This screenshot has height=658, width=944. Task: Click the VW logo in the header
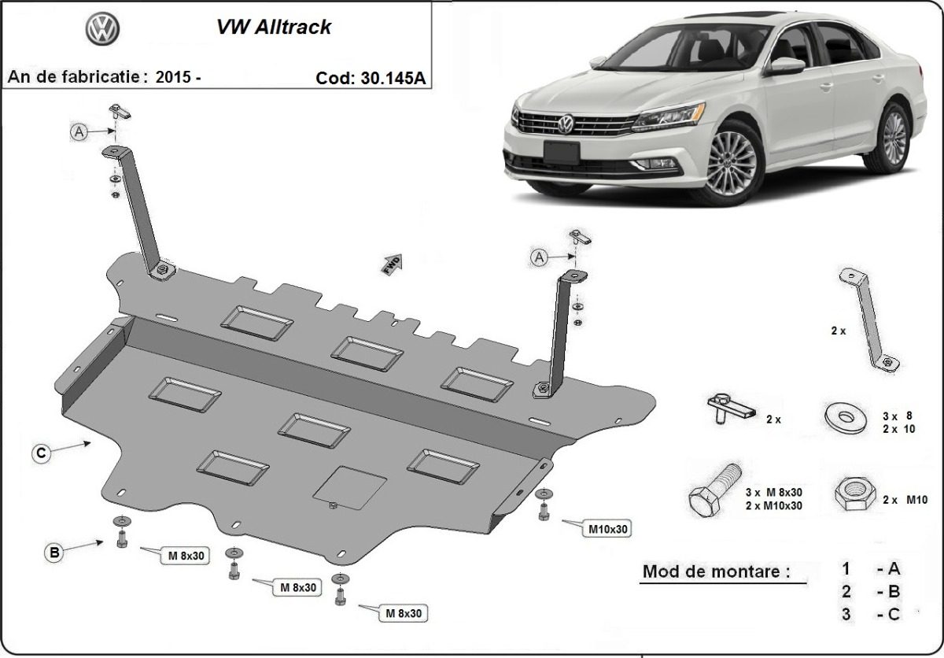[x=101, y=31]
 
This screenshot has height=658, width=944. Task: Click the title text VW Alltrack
[x=274, y=27]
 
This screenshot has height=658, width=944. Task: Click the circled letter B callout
[x=53, y=553]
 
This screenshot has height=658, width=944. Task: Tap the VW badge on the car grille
[x=566, y=124]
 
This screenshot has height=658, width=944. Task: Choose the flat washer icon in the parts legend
[x=843, y=414]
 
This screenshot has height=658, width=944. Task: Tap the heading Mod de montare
[x=716, y=571]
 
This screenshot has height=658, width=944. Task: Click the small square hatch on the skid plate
[x=349, y=486]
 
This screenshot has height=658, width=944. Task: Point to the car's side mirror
[x=785, y=67]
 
